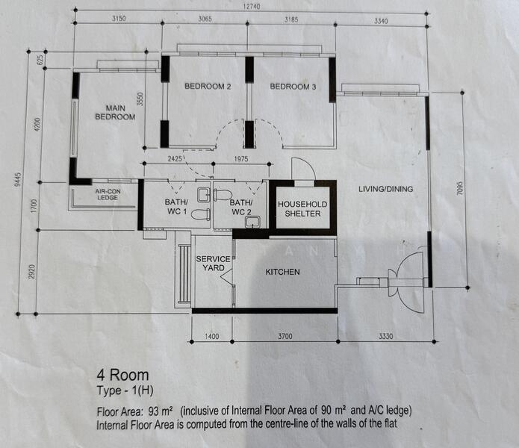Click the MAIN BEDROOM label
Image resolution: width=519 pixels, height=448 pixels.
[x=115, y=113]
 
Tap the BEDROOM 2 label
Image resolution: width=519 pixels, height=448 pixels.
[x=208, y=87]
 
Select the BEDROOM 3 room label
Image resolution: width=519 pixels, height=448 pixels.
[x=293, y=87]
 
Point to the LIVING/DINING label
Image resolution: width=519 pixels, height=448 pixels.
[x=386, y=189]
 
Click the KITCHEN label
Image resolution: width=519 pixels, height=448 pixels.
[x=283, y=272]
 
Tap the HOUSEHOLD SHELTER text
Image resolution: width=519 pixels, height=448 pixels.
[x=302, y=209]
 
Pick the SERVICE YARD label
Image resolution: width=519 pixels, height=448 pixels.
[x=213, y=264]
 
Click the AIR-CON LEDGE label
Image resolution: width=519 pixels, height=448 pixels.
[x=108, y=195]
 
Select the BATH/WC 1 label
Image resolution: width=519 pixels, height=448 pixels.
[x=176, y=207]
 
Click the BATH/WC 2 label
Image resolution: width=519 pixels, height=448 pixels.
[x=240, y=207]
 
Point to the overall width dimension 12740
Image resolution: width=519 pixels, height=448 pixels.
[x=251, y=6]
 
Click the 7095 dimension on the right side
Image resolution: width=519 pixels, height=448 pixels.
[x=459, y=188]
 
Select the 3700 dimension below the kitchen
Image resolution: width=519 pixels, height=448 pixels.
[x=285, y=336]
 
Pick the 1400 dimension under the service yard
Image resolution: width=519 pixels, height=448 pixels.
[x=212, y=336]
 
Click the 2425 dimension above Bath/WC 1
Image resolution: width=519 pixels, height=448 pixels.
[x=175, y=159]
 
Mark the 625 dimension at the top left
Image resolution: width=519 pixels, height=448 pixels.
[x=42, y=60]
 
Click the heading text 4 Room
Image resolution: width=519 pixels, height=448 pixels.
[x=122, y=376]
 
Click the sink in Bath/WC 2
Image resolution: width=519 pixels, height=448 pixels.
[x=252, y=223]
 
